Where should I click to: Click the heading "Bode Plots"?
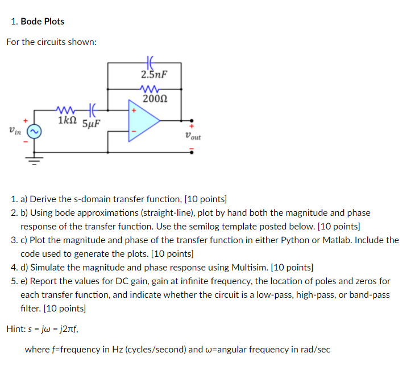click(43, 22)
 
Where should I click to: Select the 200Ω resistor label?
click(154, 100)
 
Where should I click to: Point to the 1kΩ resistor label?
click(68, 120)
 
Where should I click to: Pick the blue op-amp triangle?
click(143, 121)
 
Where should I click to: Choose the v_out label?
click(193, 136)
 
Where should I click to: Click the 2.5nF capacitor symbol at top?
click(150, 60)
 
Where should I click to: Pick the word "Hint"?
click(15, 329)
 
